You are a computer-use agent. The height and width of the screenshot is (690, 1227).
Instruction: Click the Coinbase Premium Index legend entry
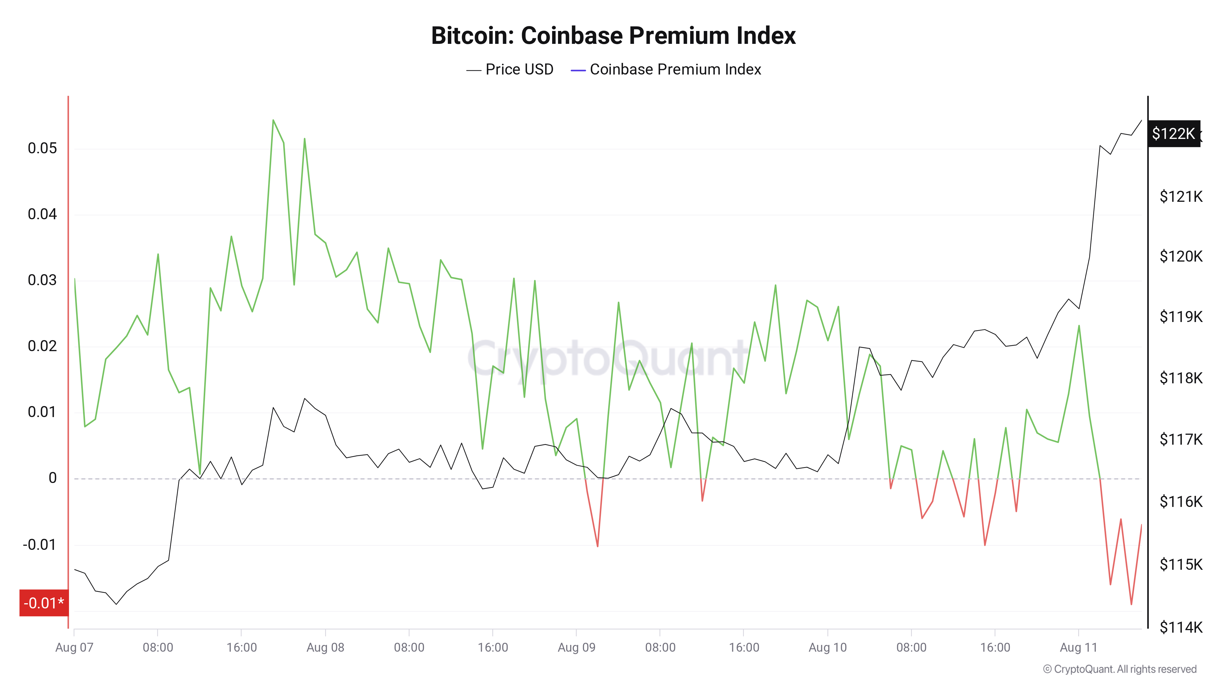pos(666,70)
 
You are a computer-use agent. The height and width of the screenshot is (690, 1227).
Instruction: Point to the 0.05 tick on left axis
pos(42,148)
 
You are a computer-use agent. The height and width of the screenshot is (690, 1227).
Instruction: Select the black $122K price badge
pos(1173,133)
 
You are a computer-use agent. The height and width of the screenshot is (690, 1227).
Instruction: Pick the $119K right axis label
pos(1180,317)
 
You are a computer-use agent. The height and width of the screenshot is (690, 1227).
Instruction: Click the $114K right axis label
pos(1180,627)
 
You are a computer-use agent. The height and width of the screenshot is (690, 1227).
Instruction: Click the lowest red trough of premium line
pos(1131,604)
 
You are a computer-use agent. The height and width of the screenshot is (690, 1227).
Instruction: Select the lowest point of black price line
pos(116,604)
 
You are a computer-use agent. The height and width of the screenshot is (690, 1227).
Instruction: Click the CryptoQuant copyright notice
pos(1119,669)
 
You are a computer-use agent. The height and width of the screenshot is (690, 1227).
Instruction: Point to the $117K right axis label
pos(1180,439)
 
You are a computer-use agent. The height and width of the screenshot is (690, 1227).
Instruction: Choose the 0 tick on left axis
pos(52,478)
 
